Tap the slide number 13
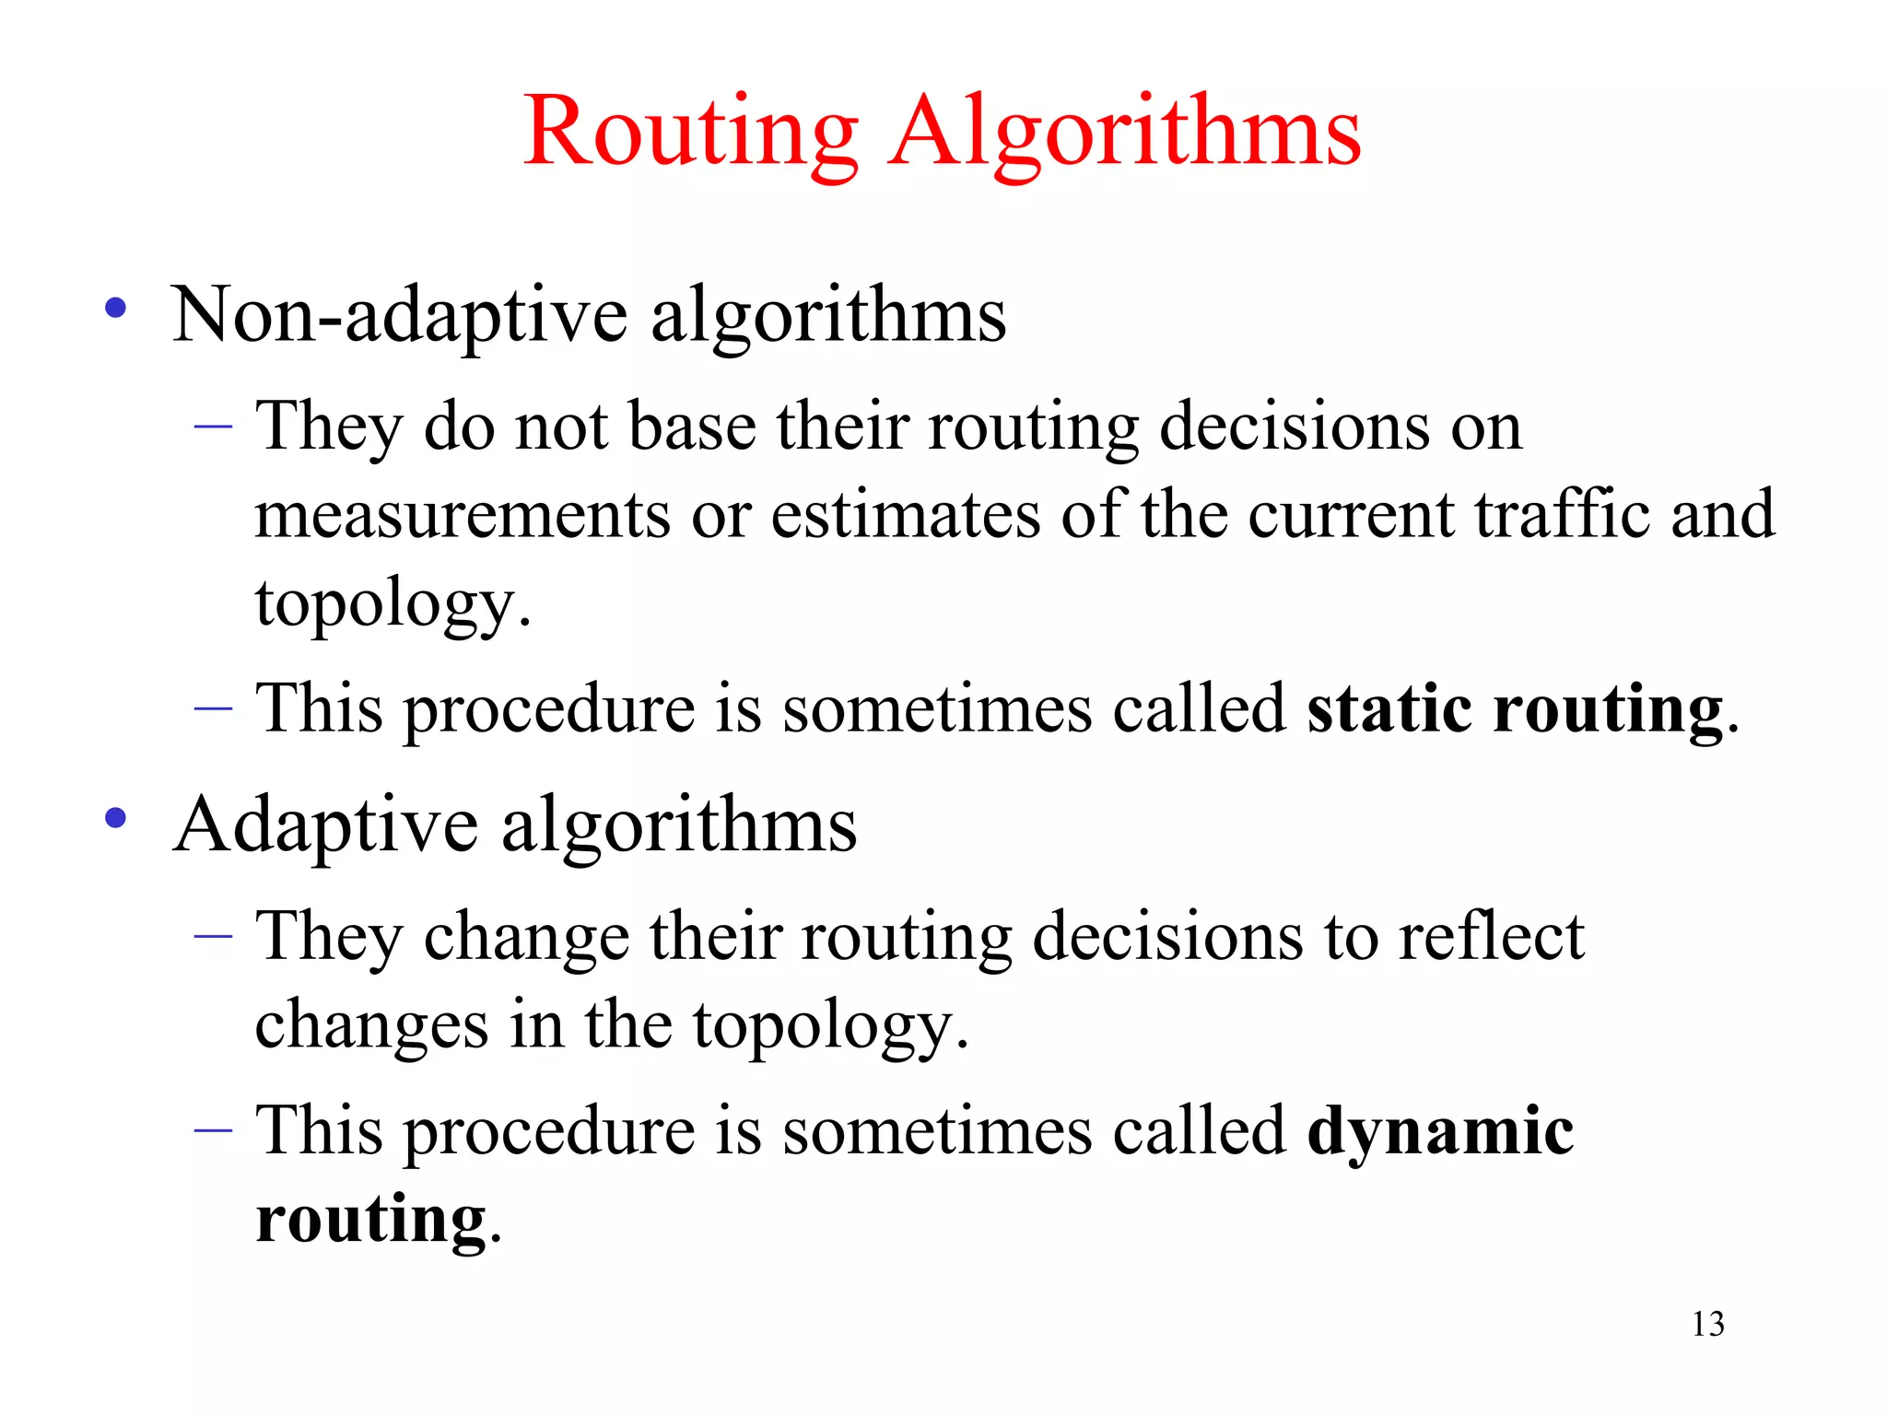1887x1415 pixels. (1707, 1324)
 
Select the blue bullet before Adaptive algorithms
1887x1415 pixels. (116, 818)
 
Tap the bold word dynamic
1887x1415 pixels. (1440, 1130)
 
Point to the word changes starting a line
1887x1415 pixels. (371, 1024)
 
